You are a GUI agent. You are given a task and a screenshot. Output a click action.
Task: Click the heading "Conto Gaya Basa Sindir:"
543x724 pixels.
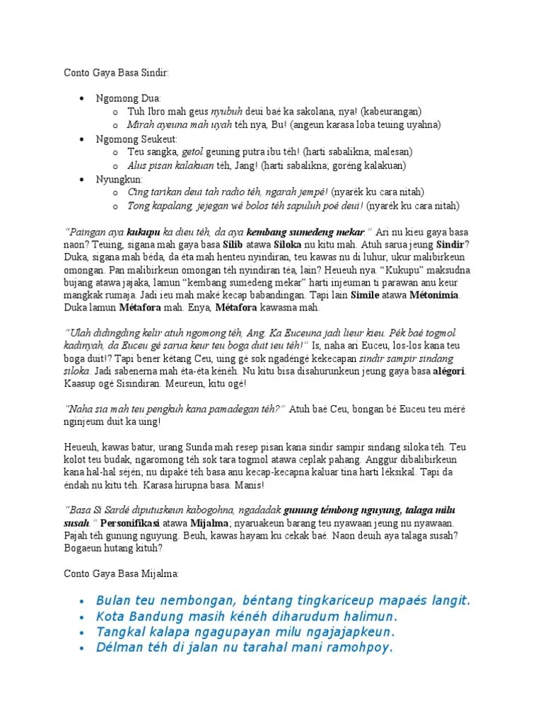117,73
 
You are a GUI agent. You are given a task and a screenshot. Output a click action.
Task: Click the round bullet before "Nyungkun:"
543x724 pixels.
83,179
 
